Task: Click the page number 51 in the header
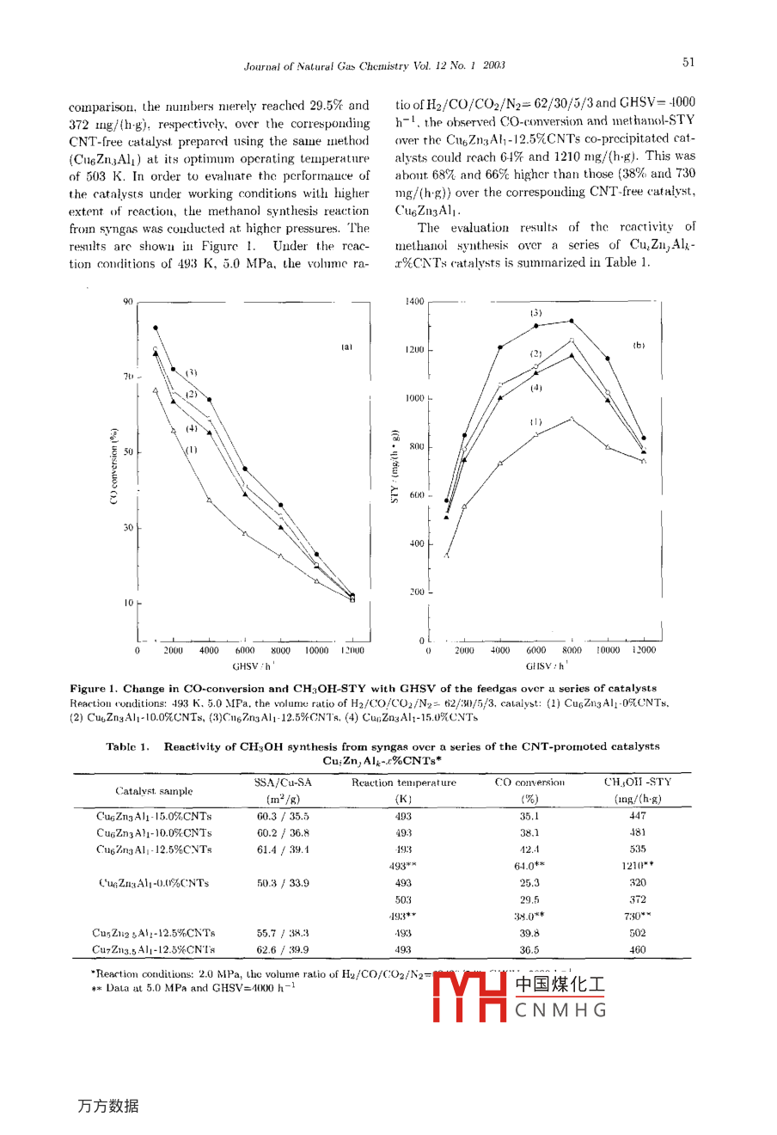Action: coord(688,63)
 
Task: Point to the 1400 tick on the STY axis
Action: coord(414,302)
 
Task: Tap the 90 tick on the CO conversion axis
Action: coord(128,302)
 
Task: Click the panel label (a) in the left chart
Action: coord(346,347)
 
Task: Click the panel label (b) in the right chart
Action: coord(639,346)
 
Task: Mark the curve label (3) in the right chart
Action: coord(535,313)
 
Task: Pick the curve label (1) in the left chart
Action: coord(191,450)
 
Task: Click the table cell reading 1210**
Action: coord(637,866)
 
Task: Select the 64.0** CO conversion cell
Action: coord(529,866)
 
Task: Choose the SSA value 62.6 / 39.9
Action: coord(283,950)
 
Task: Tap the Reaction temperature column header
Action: coord(403,782)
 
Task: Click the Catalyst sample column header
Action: coord(154,791)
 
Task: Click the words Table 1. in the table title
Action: coord(128,746)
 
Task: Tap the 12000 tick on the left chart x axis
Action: coord(352,651)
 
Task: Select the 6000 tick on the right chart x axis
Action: coord(535,651)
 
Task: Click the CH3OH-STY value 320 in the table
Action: coord(637,883)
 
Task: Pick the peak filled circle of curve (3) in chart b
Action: coord(572,322)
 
